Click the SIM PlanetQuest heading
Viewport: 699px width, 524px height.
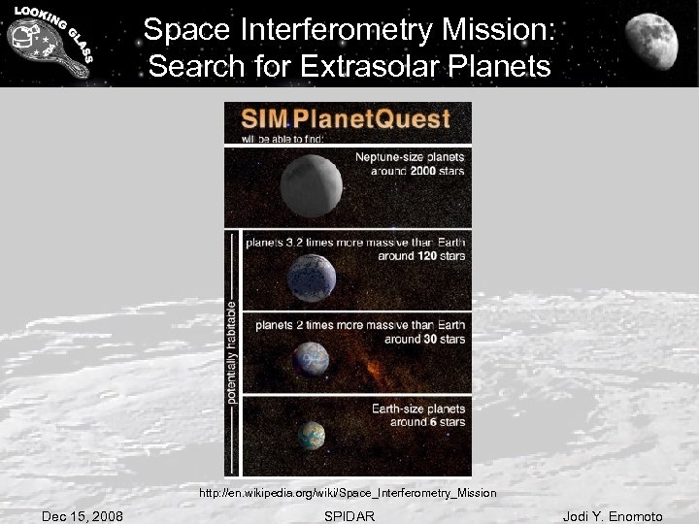point(347,119)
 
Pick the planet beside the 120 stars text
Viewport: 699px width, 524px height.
point(311,277)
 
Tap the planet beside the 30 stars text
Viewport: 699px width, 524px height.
point(312,359)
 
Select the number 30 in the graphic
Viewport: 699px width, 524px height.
point(418,340)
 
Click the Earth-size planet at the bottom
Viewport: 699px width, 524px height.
point(312,436)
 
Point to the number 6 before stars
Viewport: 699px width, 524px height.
point(420,422)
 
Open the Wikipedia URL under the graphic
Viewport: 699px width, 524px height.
point(348,494)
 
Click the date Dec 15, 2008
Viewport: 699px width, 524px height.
point(83,516)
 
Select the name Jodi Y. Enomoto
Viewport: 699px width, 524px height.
point(613,516)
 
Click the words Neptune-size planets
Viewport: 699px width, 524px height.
point(410,157)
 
